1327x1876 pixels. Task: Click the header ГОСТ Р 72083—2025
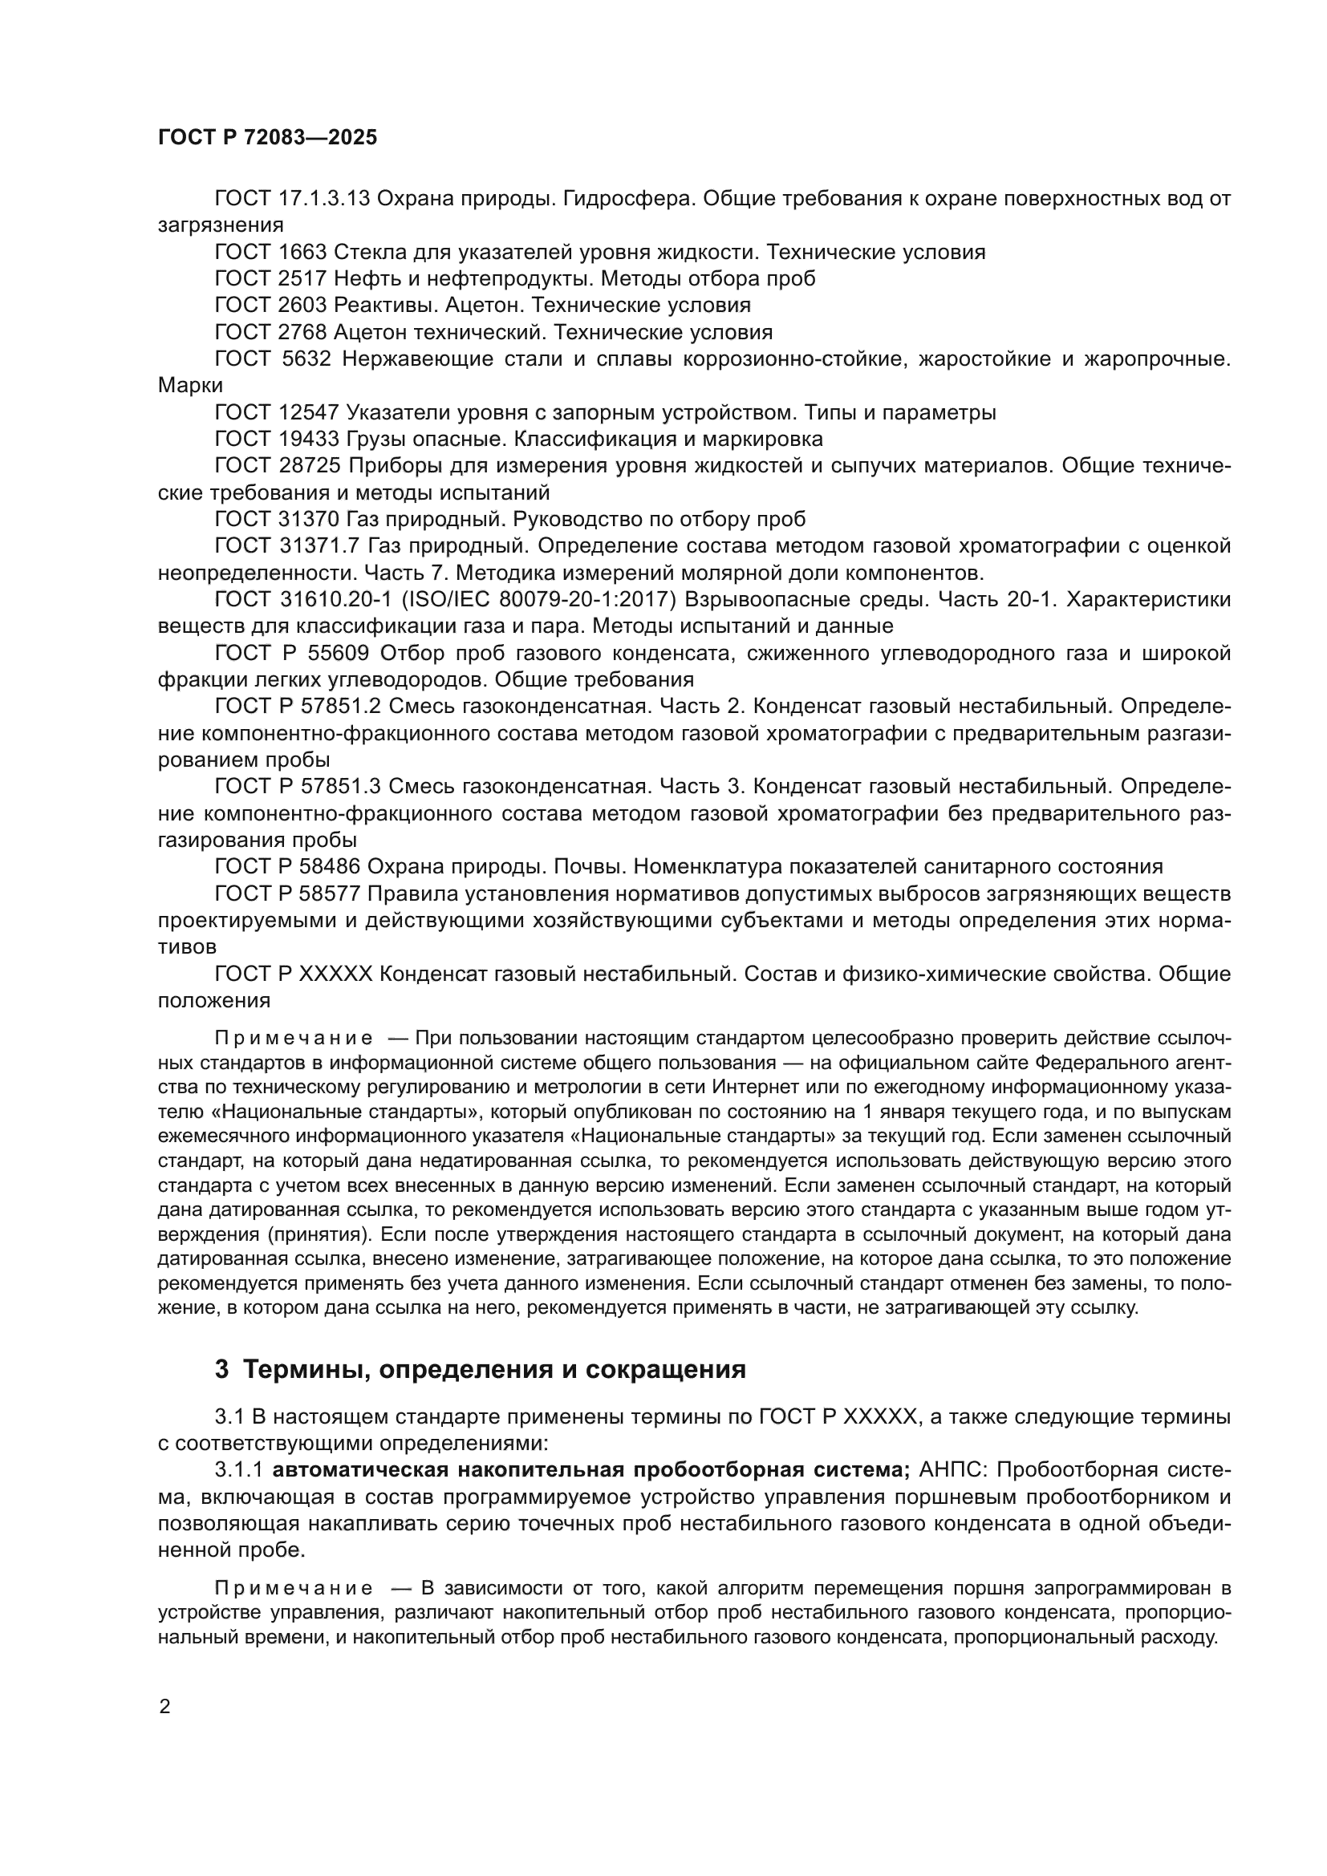point(267,137)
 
